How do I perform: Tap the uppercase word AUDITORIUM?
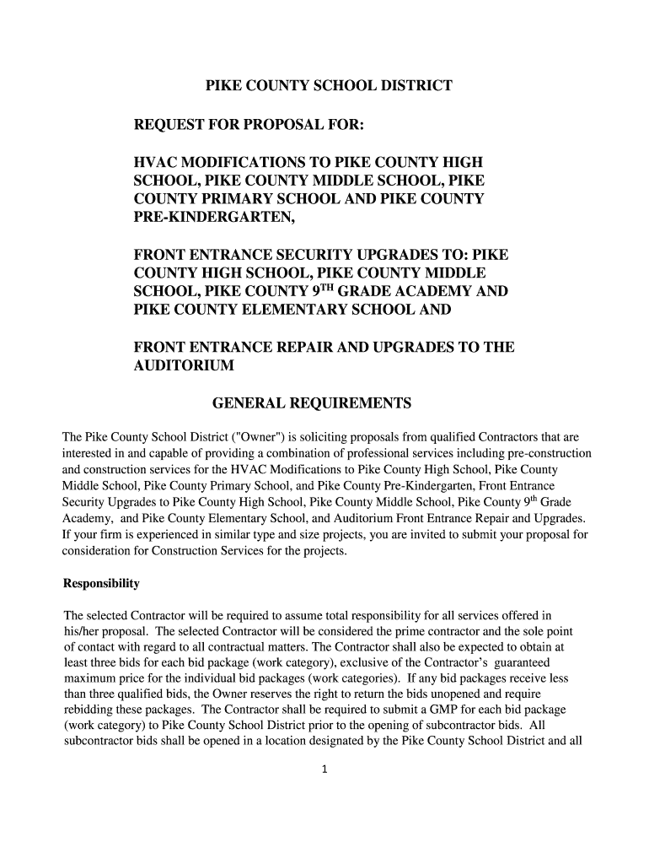pos(185,366)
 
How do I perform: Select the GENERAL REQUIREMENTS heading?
pos(311,404)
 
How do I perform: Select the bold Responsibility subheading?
pos(101,584)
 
